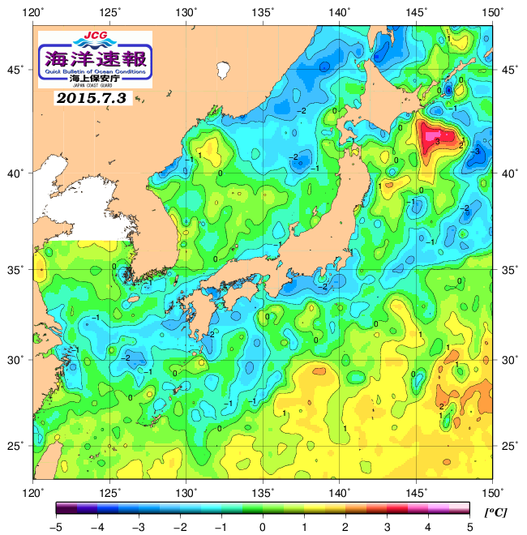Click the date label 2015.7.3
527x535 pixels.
point(92,98)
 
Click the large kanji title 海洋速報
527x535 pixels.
point(95,58)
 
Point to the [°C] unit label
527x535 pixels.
point(495,513)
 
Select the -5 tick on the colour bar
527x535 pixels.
point(56,528)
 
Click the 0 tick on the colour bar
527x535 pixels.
point(263,528)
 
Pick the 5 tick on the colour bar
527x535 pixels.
point(469,528)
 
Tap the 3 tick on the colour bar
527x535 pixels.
point(387,528)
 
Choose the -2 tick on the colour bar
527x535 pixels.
point(179,528)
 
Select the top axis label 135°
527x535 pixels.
point(264,11)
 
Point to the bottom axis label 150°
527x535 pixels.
point(494,491)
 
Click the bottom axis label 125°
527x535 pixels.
point(110,491)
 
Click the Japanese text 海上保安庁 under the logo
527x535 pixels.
point(95,79)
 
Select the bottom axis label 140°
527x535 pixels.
point(341,491)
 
